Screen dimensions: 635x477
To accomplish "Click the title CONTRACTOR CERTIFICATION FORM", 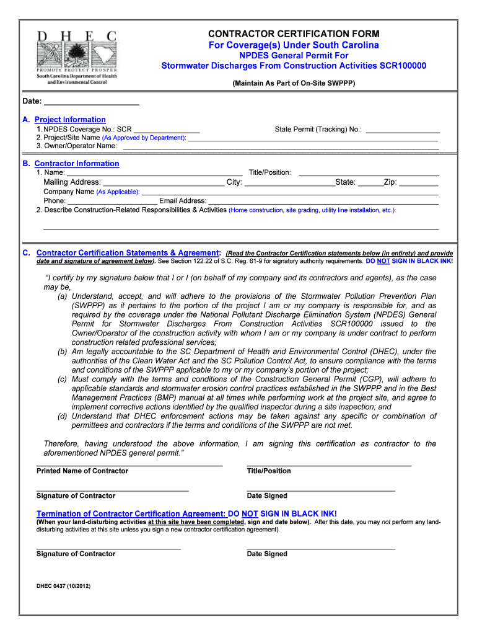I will click(294, 33).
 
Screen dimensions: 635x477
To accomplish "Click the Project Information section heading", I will click(70, 120).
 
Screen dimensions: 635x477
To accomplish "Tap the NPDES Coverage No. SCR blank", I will click(167, 129).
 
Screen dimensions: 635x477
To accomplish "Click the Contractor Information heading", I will click(76, 164).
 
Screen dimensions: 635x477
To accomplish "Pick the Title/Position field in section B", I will click(369, 172).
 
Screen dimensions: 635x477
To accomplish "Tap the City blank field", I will click(289, 182).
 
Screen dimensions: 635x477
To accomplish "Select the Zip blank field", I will click(419, 182).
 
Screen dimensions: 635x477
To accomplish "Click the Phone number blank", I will click(112, 201).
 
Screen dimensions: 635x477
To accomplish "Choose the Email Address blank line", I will click(323, 201).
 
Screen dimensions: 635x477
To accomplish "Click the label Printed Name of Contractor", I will click(82, 471).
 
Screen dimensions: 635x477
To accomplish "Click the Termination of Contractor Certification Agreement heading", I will click(131, 514).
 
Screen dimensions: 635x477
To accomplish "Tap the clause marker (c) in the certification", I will click(63, 379).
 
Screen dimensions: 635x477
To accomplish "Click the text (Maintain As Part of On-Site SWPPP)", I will click(294, 82).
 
